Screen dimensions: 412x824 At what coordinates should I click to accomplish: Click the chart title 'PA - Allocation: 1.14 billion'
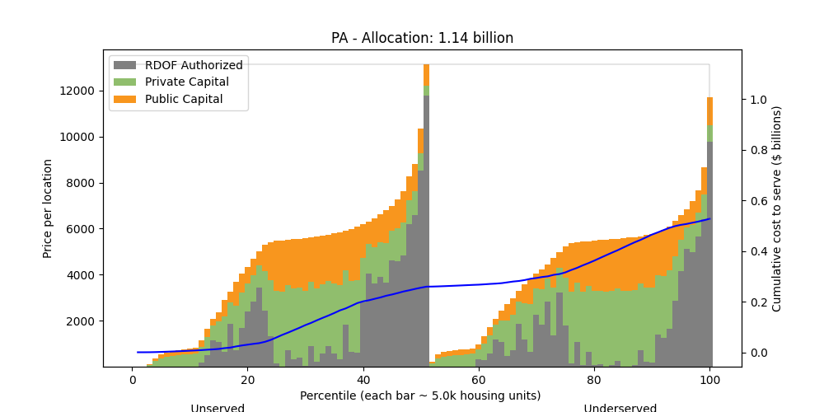pos(422,38)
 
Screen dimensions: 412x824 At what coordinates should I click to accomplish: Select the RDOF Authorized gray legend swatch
pos(124,65)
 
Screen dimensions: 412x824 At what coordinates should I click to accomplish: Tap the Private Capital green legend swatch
pos(124,82)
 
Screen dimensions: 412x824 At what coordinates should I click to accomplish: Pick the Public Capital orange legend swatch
pos(124,100)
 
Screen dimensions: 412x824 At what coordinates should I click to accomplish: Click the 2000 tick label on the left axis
pos(84,321)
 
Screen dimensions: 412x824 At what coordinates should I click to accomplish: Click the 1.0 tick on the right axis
pos(758,100)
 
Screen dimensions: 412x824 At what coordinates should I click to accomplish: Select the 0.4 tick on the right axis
pos(758,251)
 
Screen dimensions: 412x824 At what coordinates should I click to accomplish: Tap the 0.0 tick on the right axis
pos(758,353)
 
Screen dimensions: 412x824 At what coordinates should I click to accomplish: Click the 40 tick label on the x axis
pos(363,380)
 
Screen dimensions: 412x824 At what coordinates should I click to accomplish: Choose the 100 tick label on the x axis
pos(709,380)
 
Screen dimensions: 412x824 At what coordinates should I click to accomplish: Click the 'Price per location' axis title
pos(48,208)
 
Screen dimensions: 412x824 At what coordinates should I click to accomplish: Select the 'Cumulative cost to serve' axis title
pos(776,208)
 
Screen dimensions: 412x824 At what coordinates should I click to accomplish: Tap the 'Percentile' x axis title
pos(420,396)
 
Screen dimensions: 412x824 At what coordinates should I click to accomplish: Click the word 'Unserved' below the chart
pos(218,408)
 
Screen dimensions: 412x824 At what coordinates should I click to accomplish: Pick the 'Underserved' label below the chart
pos(620,408)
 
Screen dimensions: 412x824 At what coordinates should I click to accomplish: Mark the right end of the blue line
pos(709,218)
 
